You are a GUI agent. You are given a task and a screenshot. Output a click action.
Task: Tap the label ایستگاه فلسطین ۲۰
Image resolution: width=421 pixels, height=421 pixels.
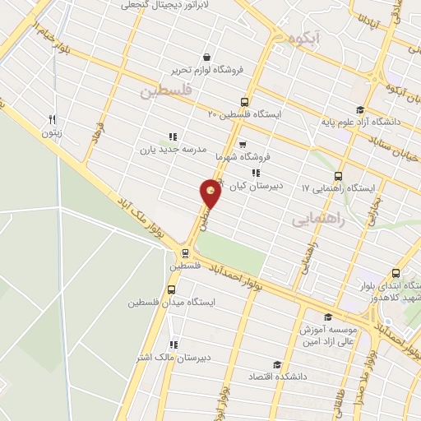(243, 114)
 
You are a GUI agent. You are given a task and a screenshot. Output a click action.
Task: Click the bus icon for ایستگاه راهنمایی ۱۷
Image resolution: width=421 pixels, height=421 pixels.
(338, 175)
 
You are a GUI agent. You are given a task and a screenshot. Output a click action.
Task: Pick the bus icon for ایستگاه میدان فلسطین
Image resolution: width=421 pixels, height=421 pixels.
(171, 289)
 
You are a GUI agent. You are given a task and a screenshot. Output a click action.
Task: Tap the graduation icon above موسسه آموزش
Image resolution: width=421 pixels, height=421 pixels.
(329, 316)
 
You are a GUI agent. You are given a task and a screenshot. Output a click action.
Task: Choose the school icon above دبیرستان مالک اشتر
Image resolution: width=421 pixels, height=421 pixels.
(173, 345)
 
